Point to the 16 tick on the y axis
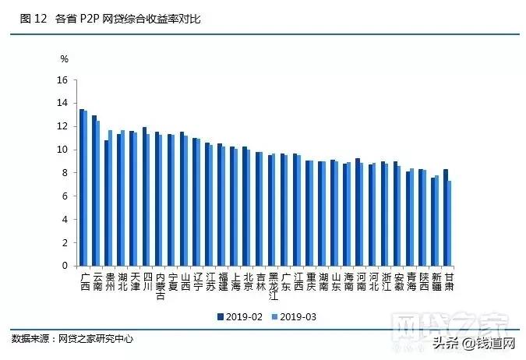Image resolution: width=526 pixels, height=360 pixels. (62, 80)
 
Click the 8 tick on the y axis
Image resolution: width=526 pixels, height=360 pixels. (65, 173)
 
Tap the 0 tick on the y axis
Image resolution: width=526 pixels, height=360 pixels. (65, 266)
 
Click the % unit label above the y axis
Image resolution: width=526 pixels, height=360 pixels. (65, 58)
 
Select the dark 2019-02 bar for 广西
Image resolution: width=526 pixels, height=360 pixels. (82, 187)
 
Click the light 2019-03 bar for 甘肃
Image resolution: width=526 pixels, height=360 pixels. (449, 223)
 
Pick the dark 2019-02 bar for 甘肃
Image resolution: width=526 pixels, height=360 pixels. (445, 217)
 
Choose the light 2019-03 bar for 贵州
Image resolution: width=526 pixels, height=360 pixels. (111, 198)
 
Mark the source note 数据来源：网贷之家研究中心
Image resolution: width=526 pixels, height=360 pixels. (72, 339)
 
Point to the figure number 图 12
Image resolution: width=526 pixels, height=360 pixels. (31, 18)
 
